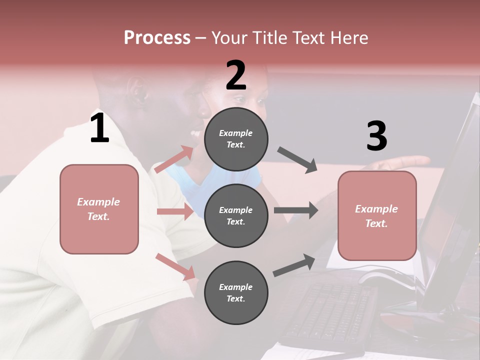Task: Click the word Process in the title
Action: point(157,38)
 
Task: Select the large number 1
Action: point(99,129)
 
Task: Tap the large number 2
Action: point(236,75)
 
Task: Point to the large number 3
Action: point(376,136)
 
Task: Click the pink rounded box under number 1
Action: point(99,209)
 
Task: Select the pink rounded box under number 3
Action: point(377,216)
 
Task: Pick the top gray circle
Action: point(236,139)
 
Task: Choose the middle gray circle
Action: point(236,215)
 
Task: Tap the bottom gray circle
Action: point(236,292)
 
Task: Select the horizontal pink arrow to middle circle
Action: point(175,211)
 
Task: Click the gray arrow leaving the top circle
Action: point(297,160)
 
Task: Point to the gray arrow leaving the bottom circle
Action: point(294,265)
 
